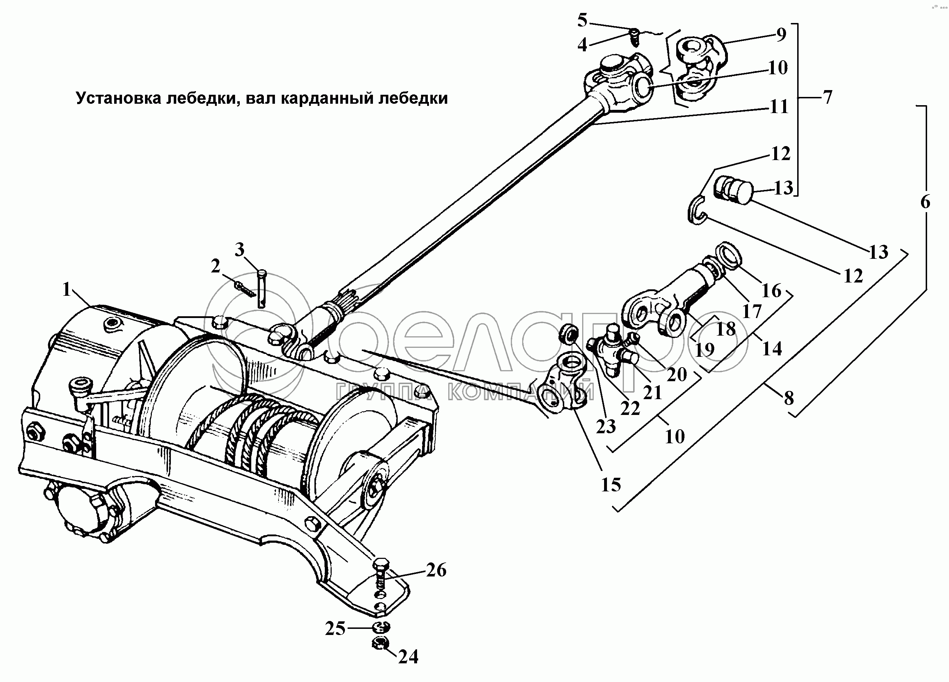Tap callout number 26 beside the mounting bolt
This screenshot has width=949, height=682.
(x=436, y=570)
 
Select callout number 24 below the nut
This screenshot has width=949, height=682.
(x=408, y=657)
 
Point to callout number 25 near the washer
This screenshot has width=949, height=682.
(x=335, y=629)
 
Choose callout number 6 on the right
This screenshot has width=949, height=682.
(x=925, y=202)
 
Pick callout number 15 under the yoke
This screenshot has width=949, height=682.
(x=611, y=485)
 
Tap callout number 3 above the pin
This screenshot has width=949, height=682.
(x=239, y=250)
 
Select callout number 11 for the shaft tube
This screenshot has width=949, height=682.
(x=779, y=107)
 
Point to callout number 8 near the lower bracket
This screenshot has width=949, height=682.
(x=789, y=398)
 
